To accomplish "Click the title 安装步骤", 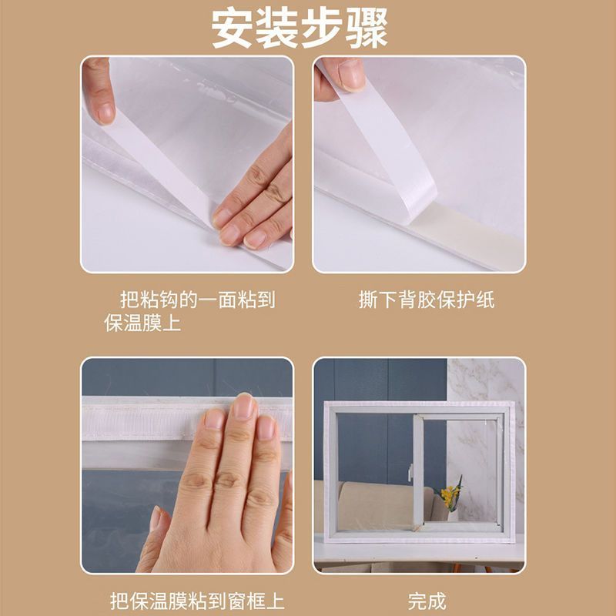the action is coord(300,28).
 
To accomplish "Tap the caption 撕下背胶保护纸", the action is coord(427,300).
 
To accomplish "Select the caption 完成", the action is coord(427,601).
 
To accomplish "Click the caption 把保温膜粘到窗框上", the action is coord(197,601).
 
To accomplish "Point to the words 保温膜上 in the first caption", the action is coord(142,323).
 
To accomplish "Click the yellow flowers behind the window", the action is coord(450,494).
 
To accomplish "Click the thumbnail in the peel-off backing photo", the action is coord(351,75).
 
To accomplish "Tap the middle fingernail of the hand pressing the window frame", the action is coord(243,407).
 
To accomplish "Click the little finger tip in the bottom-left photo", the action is coord(156,517).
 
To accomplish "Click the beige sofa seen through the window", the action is coord(377,507).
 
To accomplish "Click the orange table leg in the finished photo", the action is coord(457,567).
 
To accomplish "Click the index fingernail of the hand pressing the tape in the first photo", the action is coord(223,218).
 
